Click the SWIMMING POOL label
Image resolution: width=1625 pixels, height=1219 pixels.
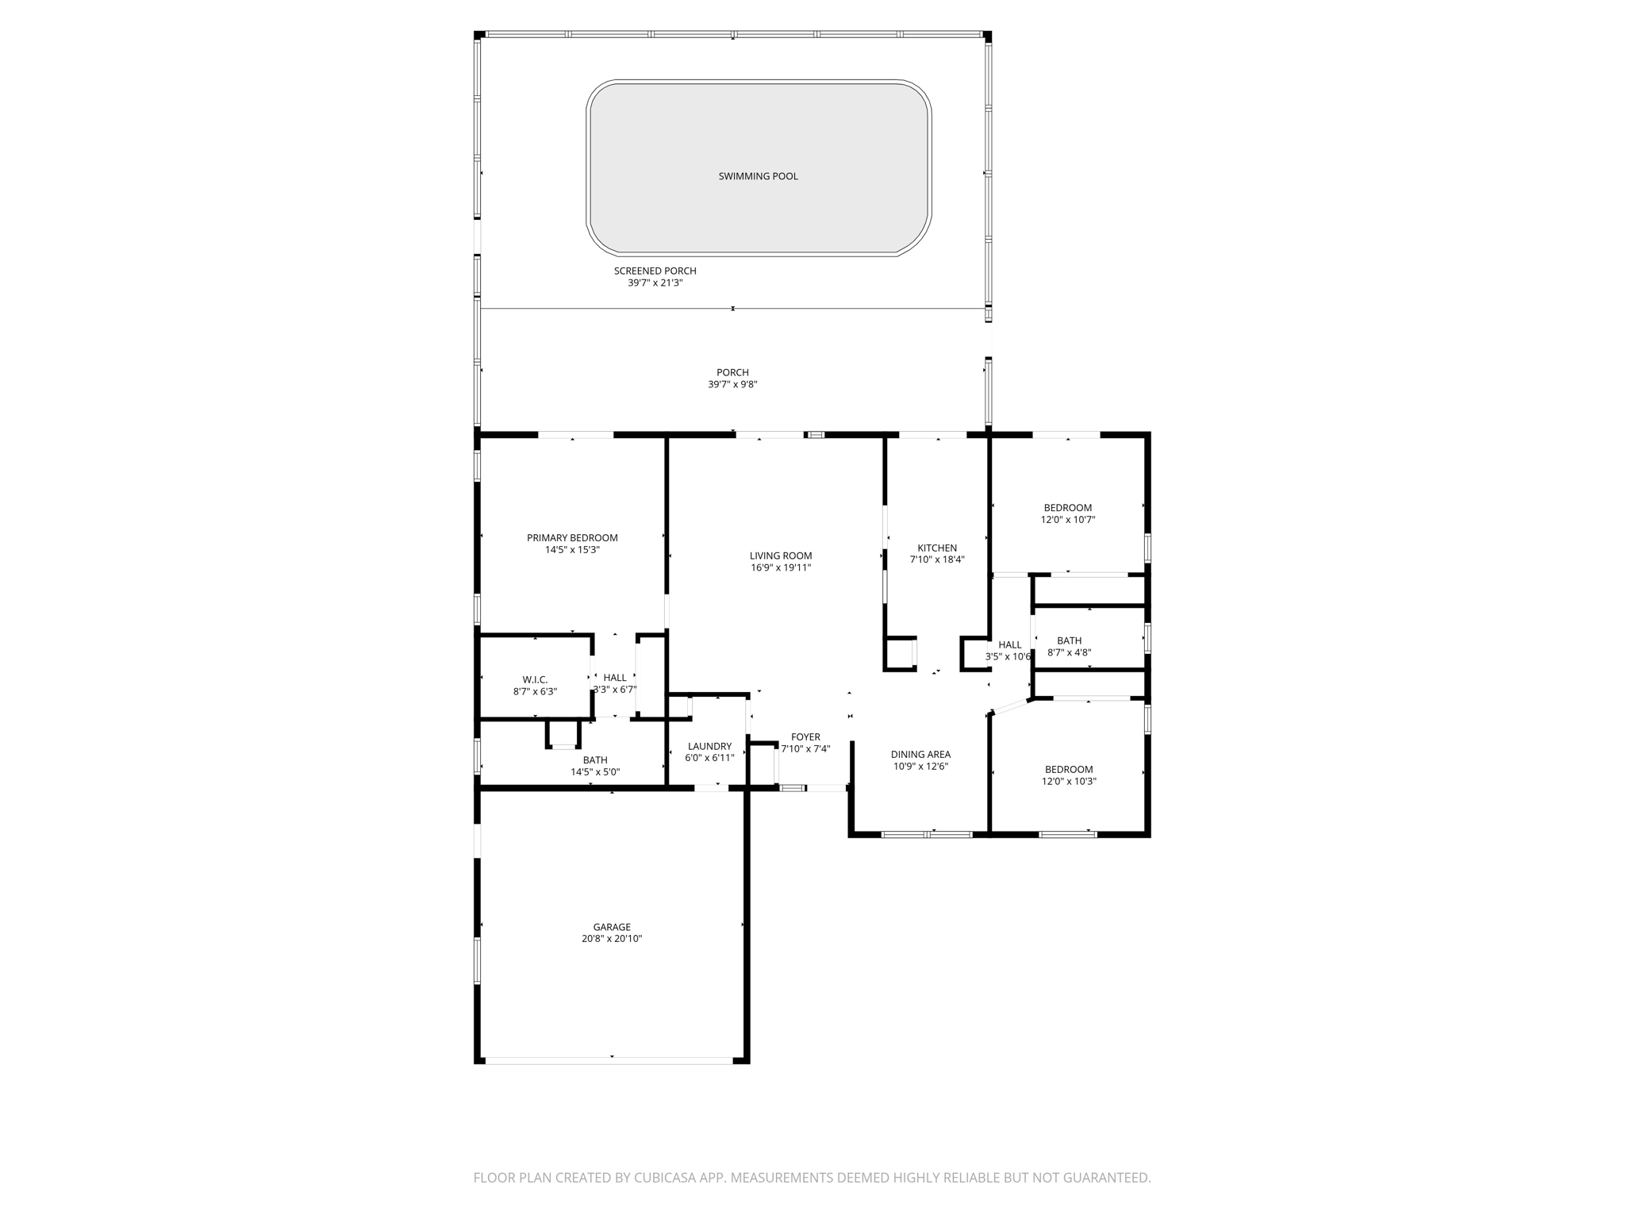coord(758,176)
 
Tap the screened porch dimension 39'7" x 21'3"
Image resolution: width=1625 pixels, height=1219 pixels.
coord(655,283)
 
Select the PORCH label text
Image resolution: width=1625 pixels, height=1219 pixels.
coord(732,372)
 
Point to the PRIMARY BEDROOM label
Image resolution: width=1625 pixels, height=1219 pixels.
coord(572,538)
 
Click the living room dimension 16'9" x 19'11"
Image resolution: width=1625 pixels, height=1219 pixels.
coord(781,567)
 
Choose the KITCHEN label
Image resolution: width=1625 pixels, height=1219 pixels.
coord(937,548)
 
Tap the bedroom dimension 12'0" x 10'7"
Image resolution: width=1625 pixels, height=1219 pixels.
coord(1068,520)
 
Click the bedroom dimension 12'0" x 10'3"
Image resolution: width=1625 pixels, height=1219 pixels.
coord(1069,781)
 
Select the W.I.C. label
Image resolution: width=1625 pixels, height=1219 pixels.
coord(535,679)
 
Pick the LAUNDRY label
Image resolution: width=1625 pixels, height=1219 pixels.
coord(709,746)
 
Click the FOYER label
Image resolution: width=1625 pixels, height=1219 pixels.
coord(805,737)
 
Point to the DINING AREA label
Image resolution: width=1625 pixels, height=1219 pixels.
coord(920,755)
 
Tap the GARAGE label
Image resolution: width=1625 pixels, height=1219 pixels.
coord(612,927)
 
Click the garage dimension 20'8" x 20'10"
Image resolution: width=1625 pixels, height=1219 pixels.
coord(612,939)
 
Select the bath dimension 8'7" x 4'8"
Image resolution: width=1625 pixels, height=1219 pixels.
coord(1069,653)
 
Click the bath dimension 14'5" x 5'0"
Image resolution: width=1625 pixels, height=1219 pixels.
coord(595,772)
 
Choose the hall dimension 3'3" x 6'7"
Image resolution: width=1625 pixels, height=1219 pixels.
coord(615,690)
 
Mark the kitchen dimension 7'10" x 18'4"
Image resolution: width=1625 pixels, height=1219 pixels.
coord(937,560)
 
